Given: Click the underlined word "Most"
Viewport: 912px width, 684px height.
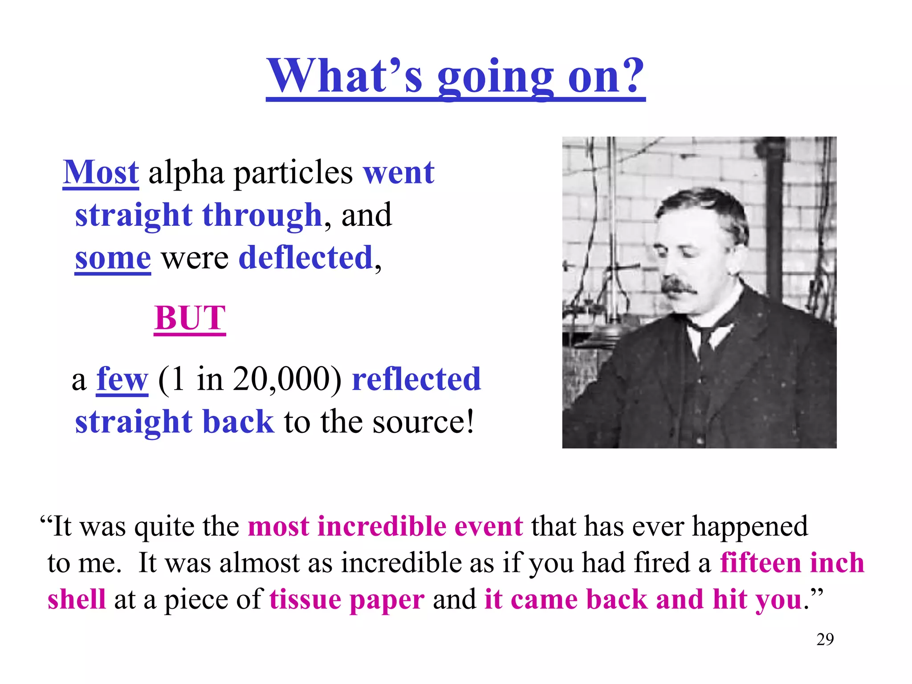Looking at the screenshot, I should pyautogui.click(x=101, y=172).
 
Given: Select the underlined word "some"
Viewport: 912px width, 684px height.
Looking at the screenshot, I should pyautogui.click(x=113, y=258).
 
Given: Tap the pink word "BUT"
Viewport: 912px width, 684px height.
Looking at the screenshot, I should pyautogui.click(x=190, y=318).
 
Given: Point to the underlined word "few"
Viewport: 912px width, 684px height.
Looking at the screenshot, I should pyautogui.click(x=122, y=379).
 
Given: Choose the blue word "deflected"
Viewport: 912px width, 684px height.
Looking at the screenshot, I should pyautogui.click(x=306, y=258).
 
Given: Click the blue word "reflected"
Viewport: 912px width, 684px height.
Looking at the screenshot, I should pyautogui.click(x=416, y=379).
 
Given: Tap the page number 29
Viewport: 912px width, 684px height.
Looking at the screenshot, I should pyautogui.click(x=825, y=639).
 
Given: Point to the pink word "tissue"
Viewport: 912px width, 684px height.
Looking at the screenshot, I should pyautogui.click(x=305, y=599).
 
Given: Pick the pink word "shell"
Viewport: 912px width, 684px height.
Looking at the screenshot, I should pyautogui.click(x=77, y=599).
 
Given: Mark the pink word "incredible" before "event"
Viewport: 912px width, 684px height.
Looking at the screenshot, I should pyautogui.click(x=382, y=526).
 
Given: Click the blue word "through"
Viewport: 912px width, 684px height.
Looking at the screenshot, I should pyautogui.click(x=262, y=216).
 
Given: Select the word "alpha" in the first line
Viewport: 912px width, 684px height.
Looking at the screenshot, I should pyautogui.click(x=186, y=173).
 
